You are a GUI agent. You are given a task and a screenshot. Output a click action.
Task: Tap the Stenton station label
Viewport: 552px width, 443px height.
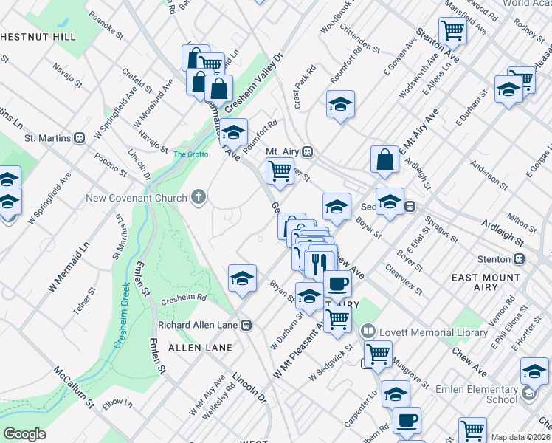pyautogui.click(x=494, y=259)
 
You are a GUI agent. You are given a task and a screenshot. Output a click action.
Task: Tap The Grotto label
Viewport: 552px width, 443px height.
pyautogui.click(x=190, y=154)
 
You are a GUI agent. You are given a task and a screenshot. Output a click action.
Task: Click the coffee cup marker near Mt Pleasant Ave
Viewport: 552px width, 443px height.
pyautogui.click(x=338, y=283)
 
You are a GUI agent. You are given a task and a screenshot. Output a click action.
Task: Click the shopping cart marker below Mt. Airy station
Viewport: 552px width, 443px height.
pyautogui.click(x=280, y=171)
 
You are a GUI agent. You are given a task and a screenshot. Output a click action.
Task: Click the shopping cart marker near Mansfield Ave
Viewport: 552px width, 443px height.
pyautogui.click(x=452, y=31)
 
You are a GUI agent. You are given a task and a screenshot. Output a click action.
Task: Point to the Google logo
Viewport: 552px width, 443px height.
pyautogui.click(x=24, y=433)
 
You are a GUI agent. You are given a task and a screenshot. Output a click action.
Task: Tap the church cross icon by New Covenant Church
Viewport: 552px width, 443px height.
pyautogui.click(x=197, y=197)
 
